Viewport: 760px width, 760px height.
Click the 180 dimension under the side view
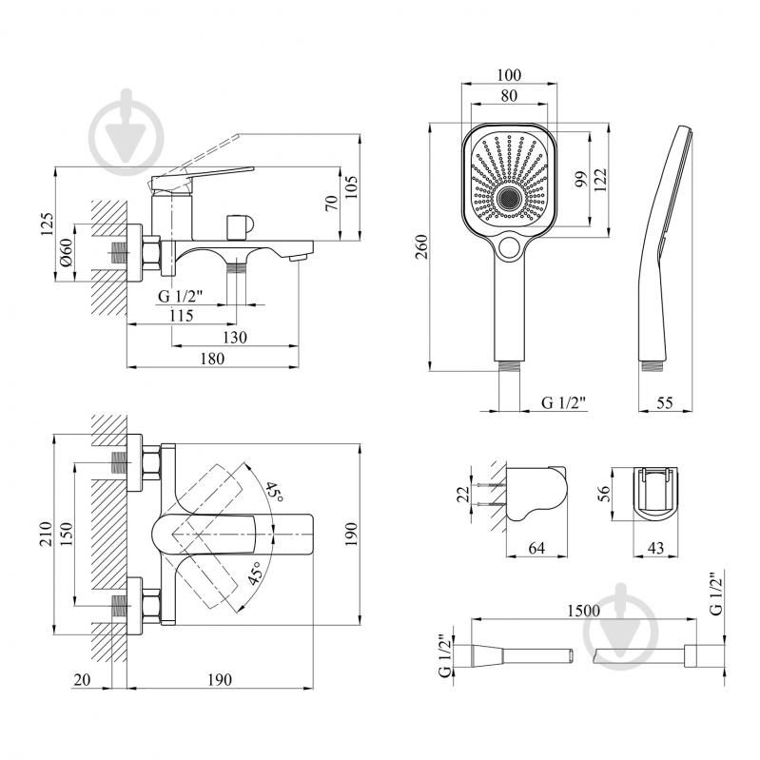213,359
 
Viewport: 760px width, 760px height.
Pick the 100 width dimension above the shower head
511,74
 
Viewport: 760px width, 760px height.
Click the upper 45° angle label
274,492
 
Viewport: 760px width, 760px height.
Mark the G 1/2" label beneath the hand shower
564,403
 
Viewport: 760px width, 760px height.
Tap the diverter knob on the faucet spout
238,226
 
